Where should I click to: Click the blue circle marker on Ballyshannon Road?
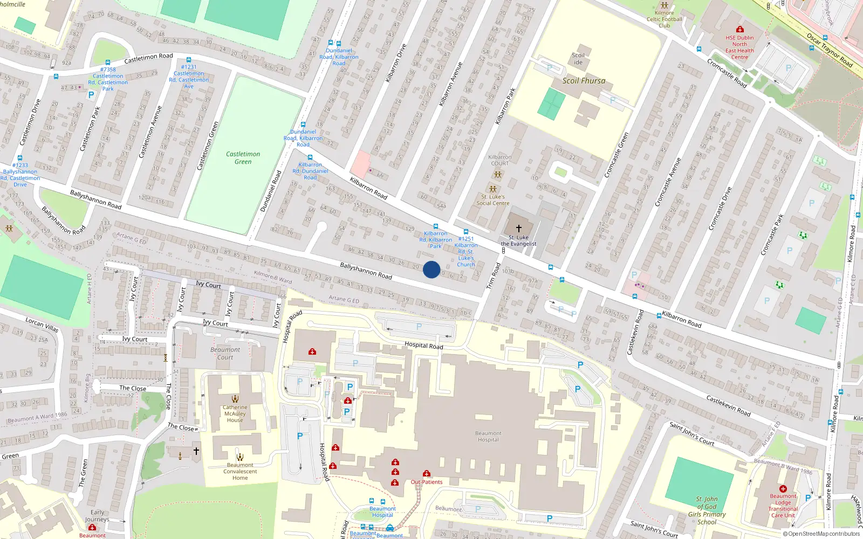click(x=432, y=269)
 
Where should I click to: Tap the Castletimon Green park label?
click(x=243, y=158)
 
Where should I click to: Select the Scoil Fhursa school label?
click(x=584, y=81)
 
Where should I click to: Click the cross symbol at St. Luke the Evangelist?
click(x=519, y=228)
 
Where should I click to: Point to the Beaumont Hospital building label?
click(x=488, y=437)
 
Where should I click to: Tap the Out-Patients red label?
click(x=427, y=482)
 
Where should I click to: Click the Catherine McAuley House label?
click(x=235, y=414)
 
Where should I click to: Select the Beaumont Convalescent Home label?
click(x=240, y=472)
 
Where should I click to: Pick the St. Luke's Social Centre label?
click(x=492, y=200)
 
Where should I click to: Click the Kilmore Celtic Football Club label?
click(x=665, y=19)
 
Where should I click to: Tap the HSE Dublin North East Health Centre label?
click(x=739, y=47)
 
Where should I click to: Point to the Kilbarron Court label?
click(x=499, y=160)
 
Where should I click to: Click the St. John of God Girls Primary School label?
click(x=707, y=510)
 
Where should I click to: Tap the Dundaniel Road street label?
click(x=271, y=191)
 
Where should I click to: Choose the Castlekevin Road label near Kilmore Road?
click(x=728, y=405)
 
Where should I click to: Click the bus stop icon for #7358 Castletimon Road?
click(x=108, y=63)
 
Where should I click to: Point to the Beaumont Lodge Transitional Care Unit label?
click(x=783, y=506)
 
